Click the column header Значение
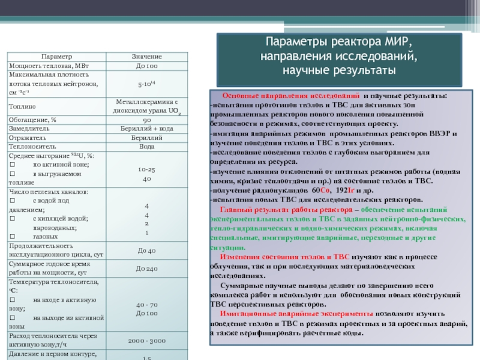click(x=146, y=56)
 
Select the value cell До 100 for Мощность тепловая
click(x=146, y=65)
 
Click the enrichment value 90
click(x=146, y=119)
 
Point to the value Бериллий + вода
click(x=146, y=128)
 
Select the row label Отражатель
click(x=25, y=137)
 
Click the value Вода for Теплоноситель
click(x=146, y=146)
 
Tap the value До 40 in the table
click(x=146, y=250)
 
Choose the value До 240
click(x=146, y=268)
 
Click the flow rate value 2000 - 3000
click(x=146, y=341)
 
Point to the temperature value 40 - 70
click(x=146, y=304)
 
